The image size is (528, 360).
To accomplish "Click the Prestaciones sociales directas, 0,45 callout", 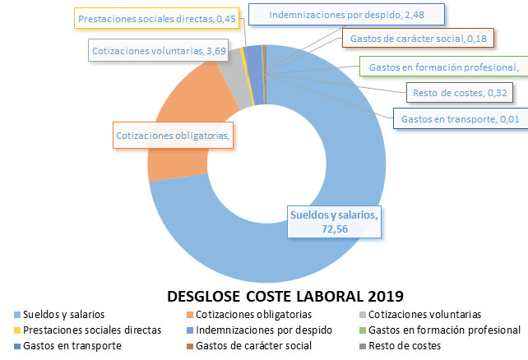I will coord(156,17).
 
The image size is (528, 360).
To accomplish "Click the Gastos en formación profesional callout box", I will coord(442,67).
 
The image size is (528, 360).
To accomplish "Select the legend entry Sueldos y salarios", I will coord(70,315).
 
